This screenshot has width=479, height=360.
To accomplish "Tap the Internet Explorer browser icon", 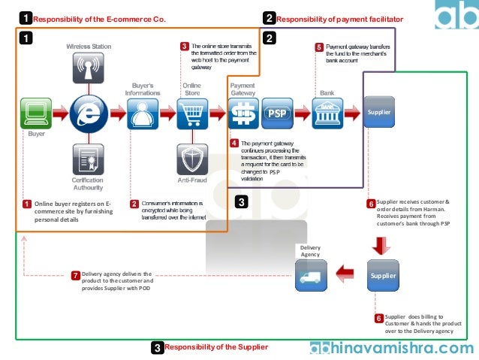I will pos(89,113).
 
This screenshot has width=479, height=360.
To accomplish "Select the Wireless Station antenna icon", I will pos(89,67).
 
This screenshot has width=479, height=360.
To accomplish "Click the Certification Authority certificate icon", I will pos(89,159).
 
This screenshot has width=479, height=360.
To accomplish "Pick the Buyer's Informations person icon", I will pos(143,113).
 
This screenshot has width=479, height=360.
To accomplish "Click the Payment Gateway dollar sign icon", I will pos(243,113).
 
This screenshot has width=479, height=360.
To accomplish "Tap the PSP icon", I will pos(276,113).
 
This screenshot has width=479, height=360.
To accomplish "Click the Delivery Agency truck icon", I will pos(312,275).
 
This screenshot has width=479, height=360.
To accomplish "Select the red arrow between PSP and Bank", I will pos(302,114).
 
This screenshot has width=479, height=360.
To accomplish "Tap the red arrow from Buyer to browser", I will pos(61,114).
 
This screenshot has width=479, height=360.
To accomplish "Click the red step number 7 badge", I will pos(75,275).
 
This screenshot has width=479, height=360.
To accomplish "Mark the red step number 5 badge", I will pos(319,47).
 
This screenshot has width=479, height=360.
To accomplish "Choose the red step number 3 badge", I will pos(185,47).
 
